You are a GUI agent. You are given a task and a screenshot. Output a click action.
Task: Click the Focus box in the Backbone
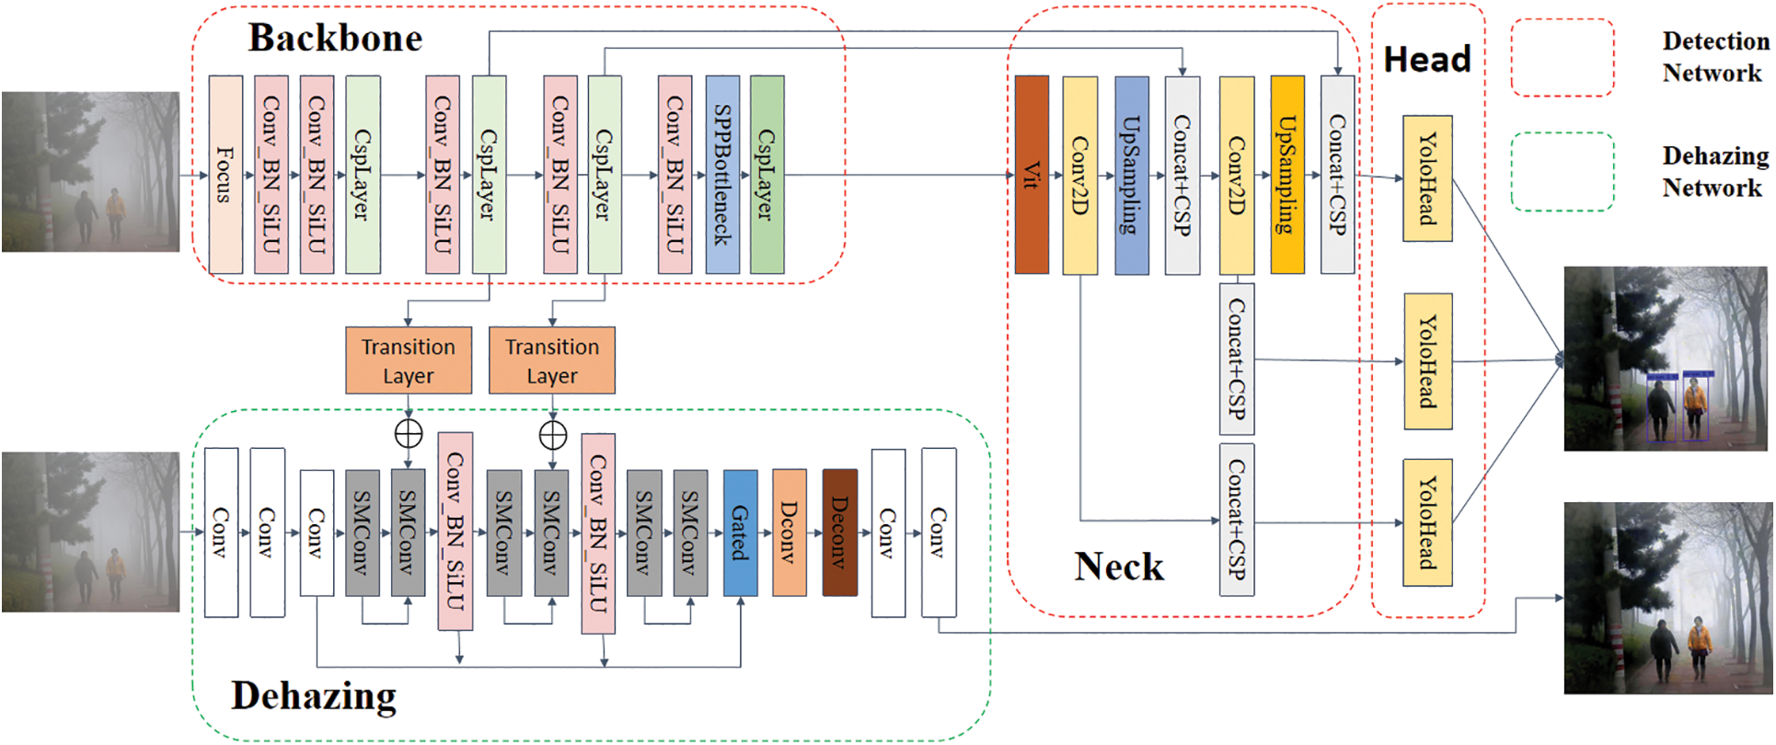(x=225, y=175)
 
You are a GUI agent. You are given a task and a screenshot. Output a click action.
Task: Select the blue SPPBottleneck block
(x=722, y=175)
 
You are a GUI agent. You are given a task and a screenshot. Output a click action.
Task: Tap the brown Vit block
(x=1032, y=175)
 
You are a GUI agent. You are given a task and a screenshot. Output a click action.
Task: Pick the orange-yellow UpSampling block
(x=1287, y=175)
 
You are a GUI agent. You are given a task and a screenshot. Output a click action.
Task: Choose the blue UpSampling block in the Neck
(x=1132, y=175)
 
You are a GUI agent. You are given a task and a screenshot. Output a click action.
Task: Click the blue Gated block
(x=740, y=533)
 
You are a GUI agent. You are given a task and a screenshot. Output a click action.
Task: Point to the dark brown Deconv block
(x=839, y=533)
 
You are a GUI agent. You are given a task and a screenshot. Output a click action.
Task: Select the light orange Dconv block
(x=790, y=533)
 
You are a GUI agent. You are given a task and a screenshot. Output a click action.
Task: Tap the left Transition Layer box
(x=409, y=361)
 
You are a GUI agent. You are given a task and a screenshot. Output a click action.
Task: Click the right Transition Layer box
(x=552, y=361)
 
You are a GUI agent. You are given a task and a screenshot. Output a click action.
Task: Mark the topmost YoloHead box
(x=1427, y=178)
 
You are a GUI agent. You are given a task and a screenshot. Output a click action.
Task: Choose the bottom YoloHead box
(x=1427, y=522)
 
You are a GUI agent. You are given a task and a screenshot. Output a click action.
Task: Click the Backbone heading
(x=336, y=39)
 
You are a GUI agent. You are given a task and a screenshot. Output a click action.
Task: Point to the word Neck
(x=1119, y=567)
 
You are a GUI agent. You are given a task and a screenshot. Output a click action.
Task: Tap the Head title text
(x=1427, y=60)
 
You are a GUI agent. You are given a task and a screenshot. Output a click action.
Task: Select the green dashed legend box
(x=1562, y=172)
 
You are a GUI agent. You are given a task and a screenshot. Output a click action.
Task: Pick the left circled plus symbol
(x=409, y=433)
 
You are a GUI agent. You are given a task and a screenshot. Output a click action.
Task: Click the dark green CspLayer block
(x=767, y=175)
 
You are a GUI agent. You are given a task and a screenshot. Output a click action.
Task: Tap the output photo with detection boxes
(x=1667, y=359)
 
